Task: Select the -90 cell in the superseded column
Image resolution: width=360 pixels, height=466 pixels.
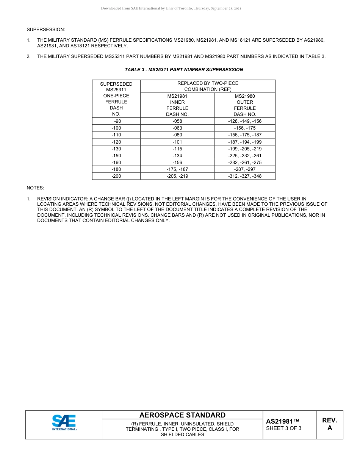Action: (116, 121)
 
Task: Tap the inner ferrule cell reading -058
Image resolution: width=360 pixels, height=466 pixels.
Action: (177, 121)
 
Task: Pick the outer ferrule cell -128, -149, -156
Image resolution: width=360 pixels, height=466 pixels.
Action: (245, 121)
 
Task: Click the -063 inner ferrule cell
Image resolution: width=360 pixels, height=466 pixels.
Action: (177, 128)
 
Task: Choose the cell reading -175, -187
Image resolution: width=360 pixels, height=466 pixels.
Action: (177, 169)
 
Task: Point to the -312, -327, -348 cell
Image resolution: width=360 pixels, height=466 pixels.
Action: (245, 176)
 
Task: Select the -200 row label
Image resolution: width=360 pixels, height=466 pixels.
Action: (116, 176)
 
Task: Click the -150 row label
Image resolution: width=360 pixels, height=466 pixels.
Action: (116, 156)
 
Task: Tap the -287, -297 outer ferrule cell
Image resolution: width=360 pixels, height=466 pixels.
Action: (245, 169)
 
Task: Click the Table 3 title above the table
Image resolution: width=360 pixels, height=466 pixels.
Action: (184, 70)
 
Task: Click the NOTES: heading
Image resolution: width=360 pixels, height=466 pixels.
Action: (35, 188)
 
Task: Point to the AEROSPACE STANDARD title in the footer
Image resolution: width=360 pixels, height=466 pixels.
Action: (182, 415)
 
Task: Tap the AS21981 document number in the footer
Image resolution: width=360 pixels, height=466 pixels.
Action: (283, 421)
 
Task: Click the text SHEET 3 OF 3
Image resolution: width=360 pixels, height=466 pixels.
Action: (284, 428)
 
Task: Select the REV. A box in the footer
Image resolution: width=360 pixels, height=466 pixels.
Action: (330, 424)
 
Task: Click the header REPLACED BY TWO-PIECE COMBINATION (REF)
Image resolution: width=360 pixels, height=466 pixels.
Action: (208, 86)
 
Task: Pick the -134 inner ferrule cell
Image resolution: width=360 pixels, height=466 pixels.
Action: (177, 156)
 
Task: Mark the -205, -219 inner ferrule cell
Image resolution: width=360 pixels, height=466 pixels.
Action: (177, 176)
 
